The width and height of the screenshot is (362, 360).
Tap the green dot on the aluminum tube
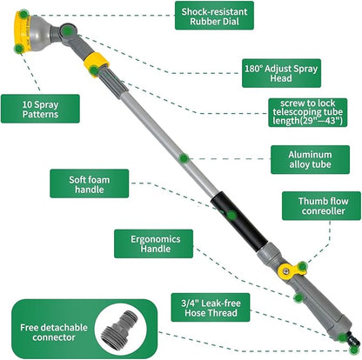tap(183, 158)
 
